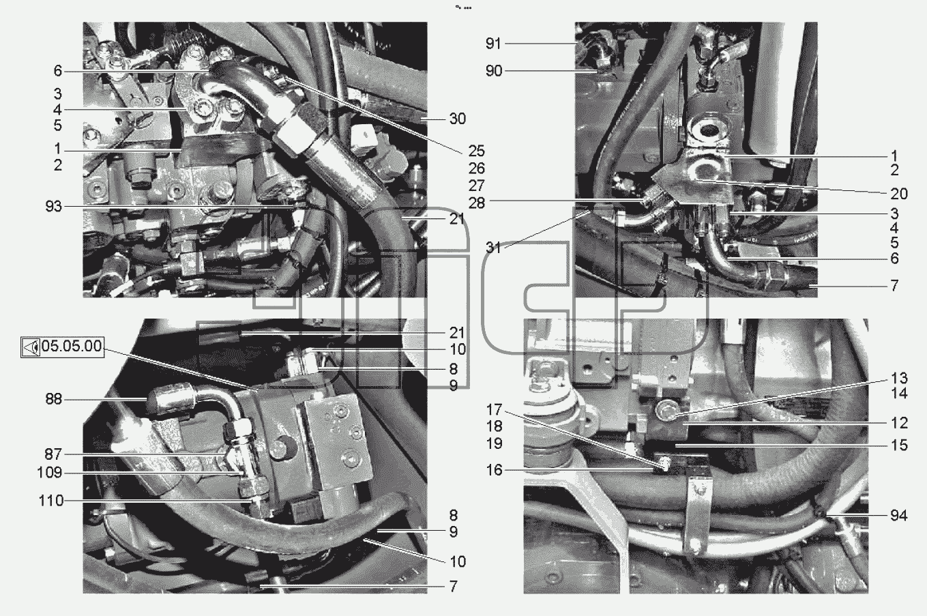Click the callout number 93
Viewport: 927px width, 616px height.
pyautogui.click(x=53, y=206)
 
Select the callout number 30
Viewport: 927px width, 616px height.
pyautogui.click(x=458, y=119)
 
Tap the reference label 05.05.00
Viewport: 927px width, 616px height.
pyautogui.click(x=72, y=346)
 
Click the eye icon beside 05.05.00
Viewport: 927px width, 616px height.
pyautogui.click(x=31, y=347)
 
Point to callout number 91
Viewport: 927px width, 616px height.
pyautogui.click(x=493, y=44)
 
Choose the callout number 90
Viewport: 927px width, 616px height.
pyautogui.click(x=494, y=71)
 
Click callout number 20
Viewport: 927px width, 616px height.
pyautogui.click(x=899, y=194)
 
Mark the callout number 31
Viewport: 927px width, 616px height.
pyautogui.click(x=493, y=248)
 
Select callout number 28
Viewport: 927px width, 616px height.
pyautogui.click(x=476, y=203)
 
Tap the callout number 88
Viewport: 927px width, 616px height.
pyautogui.click(x=53, y=399)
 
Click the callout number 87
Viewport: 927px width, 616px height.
pyautogui.click(x=53, y=454)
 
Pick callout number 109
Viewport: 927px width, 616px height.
pyautogui.click(x=50, y=472)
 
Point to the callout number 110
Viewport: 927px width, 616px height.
pyautogui.click(x=51, y=501)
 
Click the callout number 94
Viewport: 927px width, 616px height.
pyautogui.click(x=899, y=516)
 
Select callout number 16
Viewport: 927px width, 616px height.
pyautogui.click(x=494, y=470)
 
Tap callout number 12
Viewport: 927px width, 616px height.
pyautogui.click(x=899, y=423)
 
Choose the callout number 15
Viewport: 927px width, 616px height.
pyautogui.click(x=899, y=445)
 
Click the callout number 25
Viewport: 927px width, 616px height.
pyautogui.click(x=476, y=151)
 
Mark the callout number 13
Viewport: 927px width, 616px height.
pyautogui.click(x=899, y=378)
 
